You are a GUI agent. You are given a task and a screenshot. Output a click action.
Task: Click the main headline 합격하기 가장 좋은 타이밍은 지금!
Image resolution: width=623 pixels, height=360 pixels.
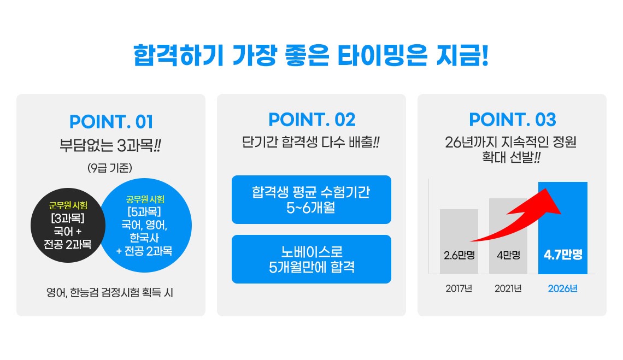click(311, 56)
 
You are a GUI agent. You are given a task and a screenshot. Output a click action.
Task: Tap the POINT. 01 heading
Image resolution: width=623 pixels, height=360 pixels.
click(111, 122)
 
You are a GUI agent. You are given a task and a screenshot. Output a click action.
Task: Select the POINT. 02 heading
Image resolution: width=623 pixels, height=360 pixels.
click(312, 120)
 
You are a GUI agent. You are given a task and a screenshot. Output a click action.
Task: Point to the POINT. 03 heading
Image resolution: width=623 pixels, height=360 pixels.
click(513, 120)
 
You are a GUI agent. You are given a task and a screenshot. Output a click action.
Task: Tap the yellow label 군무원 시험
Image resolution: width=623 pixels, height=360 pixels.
click(68, 205)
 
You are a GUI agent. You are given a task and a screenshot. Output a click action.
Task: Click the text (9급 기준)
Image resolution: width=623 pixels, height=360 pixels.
click(110, 168)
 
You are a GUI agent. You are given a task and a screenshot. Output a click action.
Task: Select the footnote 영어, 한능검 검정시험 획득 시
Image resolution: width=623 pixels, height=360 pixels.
click(110, 293)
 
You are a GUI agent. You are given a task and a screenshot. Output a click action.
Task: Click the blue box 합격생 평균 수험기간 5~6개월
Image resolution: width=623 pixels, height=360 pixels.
click(311, 199)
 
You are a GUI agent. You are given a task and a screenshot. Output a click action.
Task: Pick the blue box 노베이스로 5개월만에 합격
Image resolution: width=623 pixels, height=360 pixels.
click(311, 259)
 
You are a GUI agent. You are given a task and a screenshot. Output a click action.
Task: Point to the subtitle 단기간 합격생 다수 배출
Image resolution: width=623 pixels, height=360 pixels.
click(311, 142)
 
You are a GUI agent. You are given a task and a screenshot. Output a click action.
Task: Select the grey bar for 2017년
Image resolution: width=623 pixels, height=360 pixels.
click(459, 241)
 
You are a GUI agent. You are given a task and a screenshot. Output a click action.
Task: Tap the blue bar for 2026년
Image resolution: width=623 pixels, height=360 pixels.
click(562, 228)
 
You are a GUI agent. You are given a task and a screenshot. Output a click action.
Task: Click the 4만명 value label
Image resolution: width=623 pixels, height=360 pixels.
click(508, 255)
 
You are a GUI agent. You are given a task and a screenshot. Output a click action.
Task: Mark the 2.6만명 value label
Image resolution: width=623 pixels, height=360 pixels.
click(459, 255)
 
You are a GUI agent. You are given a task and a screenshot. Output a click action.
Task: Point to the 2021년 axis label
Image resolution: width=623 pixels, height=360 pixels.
click(508, 288)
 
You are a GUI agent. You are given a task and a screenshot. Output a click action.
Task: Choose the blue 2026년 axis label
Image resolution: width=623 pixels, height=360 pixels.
click(562, 288)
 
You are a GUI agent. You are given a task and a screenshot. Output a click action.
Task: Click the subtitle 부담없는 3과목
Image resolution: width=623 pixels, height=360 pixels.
click(110, 145)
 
